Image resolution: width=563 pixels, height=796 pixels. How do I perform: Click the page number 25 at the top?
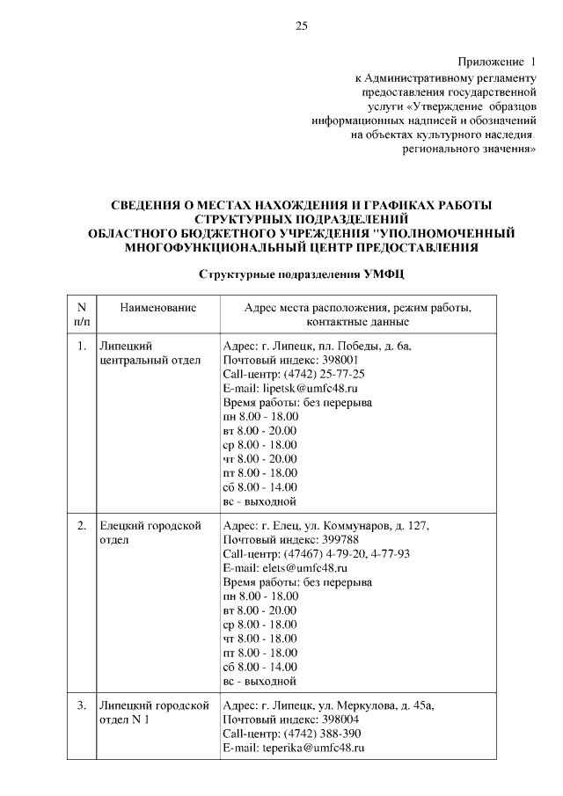click(x=300, y=26)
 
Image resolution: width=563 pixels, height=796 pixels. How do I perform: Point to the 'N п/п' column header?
click(x=81, y=315)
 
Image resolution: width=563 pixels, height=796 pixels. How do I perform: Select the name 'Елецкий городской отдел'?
click(x=152, y=533)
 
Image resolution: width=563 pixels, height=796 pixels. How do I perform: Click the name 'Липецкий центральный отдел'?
click(x=150, y=353)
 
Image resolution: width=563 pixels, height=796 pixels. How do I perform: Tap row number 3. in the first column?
click(x=81, y=705)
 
